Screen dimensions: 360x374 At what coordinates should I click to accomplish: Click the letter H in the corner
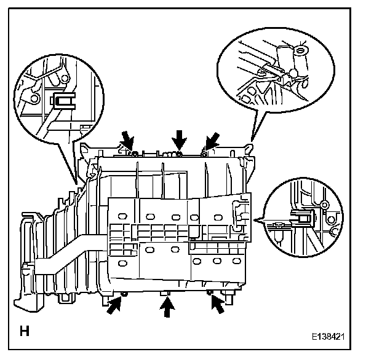(x=25, y=332)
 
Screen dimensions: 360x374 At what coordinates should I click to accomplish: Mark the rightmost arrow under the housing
(x=217, y=305)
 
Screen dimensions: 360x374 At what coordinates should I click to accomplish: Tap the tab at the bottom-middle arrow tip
(x=165, y=295)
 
